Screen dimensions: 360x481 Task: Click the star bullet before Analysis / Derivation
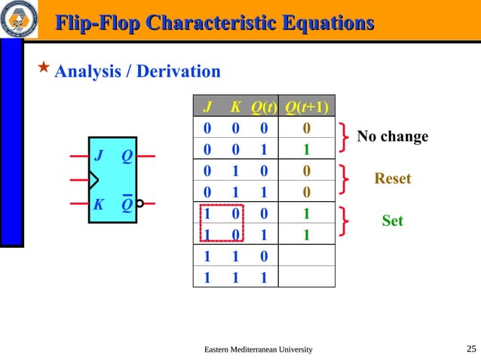tap(44, 69)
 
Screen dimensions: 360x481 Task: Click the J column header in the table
tap(207, 106)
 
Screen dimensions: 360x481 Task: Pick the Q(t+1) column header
tap(306, 106)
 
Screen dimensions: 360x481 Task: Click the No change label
tap(392, 136)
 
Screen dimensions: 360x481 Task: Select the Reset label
tap(393, 178)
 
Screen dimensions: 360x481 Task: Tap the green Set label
tap(392, 221)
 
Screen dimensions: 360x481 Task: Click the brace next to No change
tap(345, 137)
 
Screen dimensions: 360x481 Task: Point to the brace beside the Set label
tap(345, 221)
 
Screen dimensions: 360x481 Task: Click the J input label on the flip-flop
tap(99, 157)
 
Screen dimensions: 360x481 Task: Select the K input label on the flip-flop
tap(98, 205)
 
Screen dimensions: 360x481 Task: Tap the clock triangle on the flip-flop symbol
tap(93, 180)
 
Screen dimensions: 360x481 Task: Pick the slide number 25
tap(471, 348)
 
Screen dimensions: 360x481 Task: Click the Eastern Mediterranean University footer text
tap(259, 349)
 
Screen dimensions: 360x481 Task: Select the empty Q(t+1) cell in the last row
tap(306, 277)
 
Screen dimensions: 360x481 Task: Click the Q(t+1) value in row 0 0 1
tap(306, 149)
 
